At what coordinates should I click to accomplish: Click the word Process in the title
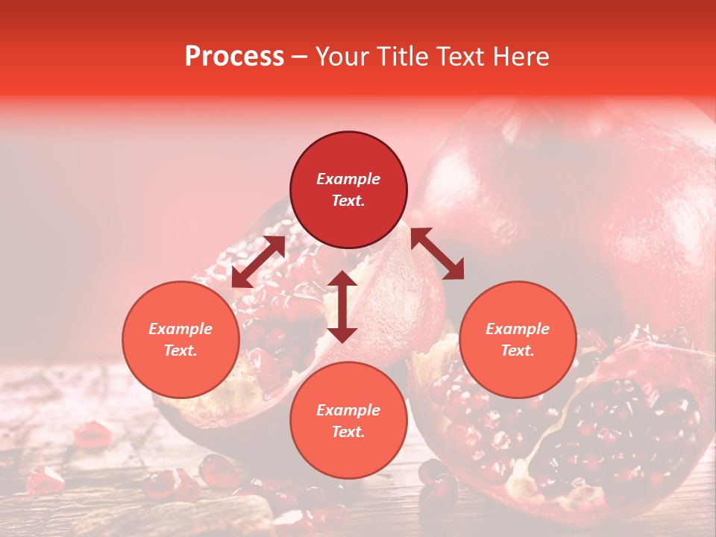point(234,57)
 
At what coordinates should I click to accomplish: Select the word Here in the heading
point(521,57)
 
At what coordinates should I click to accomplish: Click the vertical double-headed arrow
point(342,307)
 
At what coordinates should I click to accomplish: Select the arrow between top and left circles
point(259,262)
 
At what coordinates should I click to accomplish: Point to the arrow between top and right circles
point(438,254)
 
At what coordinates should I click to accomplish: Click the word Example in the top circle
point(348,179)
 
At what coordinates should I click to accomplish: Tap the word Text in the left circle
point(180,351)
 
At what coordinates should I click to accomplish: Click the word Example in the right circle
point(518,329)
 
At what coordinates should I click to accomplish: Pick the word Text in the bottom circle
point(348,432)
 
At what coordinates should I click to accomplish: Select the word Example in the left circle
point(180,329)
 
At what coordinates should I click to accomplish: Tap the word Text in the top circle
point(348,201)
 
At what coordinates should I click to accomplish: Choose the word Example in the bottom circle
point(348,410)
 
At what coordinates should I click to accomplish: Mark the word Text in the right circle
point(518,351)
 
